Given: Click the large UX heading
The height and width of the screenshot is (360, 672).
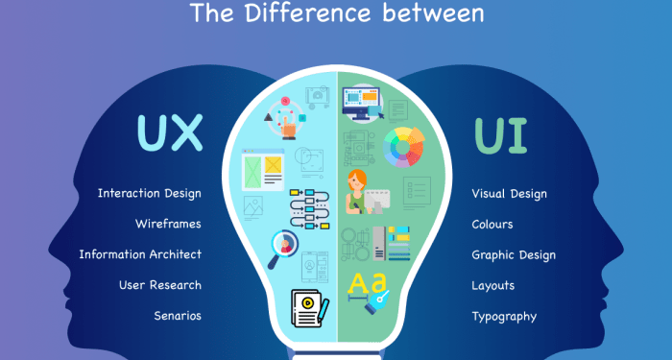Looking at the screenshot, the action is pos(171,134).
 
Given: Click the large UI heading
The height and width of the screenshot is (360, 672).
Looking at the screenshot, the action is pos(500,135).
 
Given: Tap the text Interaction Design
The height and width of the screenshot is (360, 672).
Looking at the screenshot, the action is pos(150,193).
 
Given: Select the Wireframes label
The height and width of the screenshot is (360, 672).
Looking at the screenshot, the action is pos(168,224).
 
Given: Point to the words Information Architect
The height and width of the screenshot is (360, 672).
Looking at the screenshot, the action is pos(140,254).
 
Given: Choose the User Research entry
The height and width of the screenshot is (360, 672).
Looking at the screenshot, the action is pos(160,285).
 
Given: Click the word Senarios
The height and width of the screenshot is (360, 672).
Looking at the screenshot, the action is pos(178,316).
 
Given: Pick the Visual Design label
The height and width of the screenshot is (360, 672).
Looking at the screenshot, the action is pos(509,194).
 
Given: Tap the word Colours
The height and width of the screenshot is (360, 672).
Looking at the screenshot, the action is pos(492,225).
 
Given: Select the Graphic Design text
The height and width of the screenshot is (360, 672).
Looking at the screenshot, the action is pos(514,255).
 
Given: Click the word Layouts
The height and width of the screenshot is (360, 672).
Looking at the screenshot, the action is pos(493,285).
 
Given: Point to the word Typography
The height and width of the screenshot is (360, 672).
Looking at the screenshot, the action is pos(504,316).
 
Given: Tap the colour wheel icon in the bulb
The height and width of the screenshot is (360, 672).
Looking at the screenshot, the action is pos(403,147).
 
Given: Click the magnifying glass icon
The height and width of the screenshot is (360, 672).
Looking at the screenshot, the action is pos(285,247).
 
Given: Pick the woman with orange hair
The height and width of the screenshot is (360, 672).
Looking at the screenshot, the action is pos(358,189).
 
